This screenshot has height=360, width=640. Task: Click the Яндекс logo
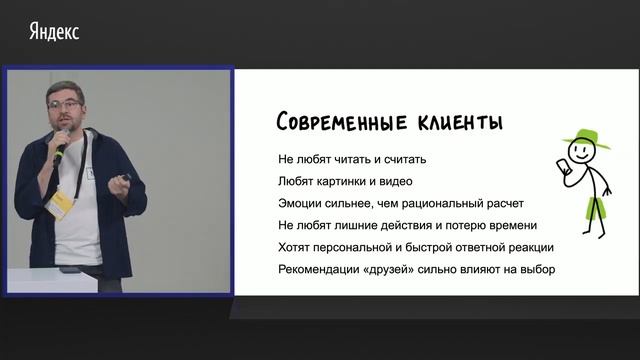[52, 32]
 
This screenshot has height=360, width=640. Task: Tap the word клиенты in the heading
[456, 123]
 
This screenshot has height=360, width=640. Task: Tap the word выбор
[535, 270]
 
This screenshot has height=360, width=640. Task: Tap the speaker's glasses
[67, 103]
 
